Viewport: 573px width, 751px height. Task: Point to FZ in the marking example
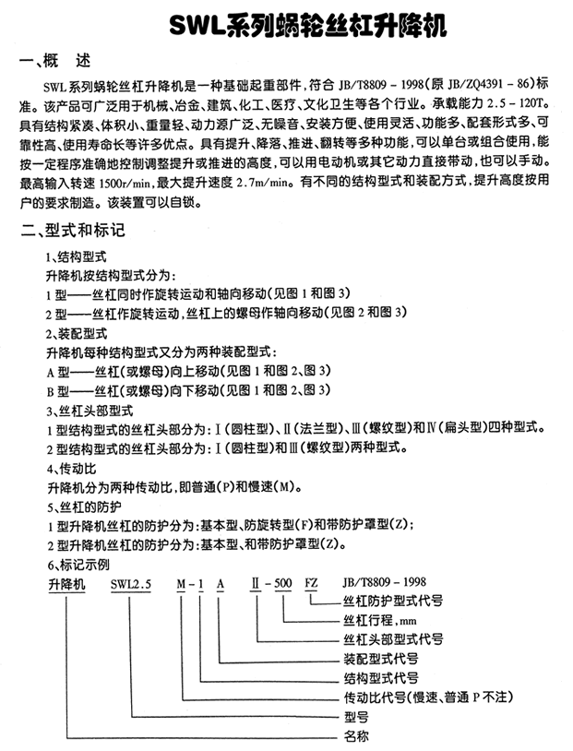(316, 583)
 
